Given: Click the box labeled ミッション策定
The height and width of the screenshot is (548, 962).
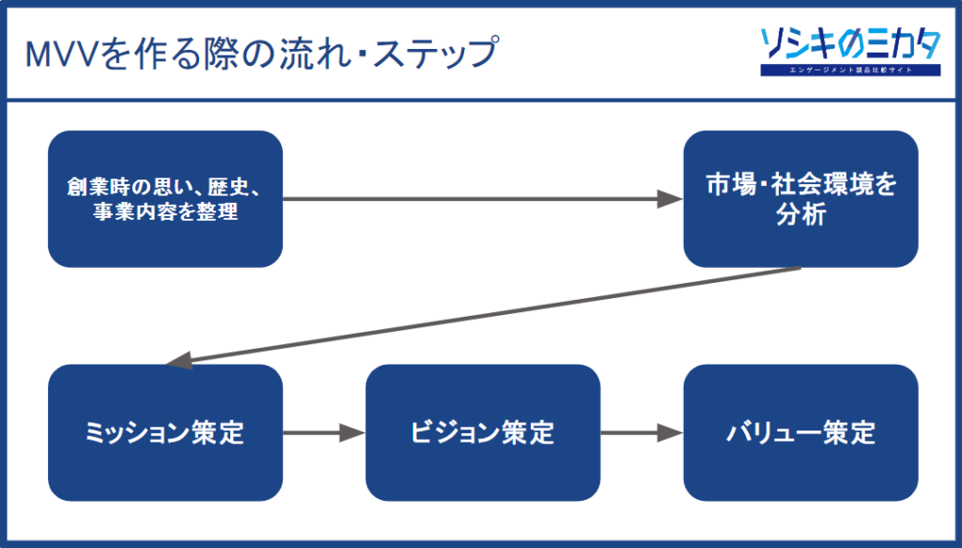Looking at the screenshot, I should pyautogui.click(x=164, y=432).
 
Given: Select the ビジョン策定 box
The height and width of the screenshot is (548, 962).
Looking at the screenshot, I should pyautogui.click(x=482, y=432).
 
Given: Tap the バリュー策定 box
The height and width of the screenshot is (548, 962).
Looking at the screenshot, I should pyautogui.click(x=800, y=432).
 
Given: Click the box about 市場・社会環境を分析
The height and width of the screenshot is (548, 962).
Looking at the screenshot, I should pyautogui.click(x=800, y=199).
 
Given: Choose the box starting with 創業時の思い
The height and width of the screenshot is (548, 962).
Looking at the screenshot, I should pyautogui.click(x=164, y=199).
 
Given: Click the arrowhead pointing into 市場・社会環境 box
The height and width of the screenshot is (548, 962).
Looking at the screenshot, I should pyautogui.click(x=670, y=199).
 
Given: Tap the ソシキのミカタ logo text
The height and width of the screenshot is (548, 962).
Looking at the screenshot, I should pyautogui.click(x=850, y=42).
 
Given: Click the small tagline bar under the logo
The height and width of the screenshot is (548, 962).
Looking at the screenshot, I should pyautogui.click(x=850, y=70).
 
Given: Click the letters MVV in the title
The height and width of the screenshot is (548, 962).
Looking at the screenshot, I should pyautogui.click(x=64, y=54).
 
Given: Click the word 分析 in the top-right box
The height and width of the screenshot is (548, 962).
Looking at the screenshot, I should pyautogui.click(x=800, y=214).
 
